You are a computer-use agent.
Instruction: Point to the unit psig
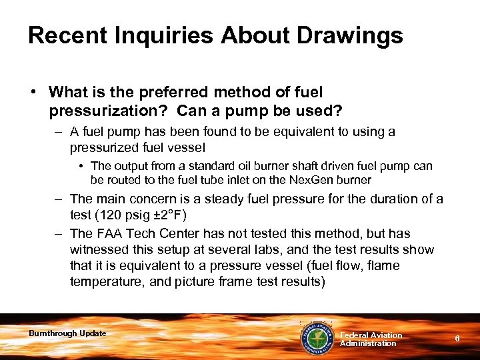[135, 215]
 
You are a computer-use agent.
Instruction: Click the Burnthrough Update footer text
[67, 333]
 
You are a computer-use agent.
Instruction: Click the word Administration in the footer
[368, 343]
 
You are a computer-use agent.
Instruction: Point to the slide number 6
[457, 339]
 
